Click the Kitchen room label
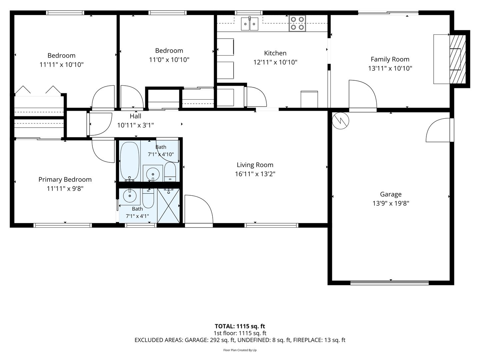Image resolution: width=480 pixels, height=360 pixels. tap(275, 53)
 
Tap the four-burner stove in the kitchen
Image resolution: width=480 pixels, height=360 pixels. tap(297, 23)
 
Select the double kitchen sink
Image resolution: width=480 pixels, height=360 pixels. tap(250, 24)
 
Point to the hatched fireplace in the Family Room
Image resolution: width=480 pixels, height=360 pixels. tap(457, 59)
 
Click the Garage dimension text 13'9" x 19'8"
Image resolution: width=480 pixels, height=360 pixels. tap(391, 203)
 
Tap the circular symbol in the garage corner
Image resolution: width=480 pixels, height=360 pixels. tap(340, 121)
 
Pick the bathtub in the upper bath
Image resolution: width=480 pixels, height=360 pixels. tap(130, 161)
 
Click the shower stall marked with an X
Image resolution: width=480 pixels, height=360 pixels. tap(168, 206)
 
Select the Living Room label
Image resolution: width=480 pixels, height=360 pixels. tap(255, 165)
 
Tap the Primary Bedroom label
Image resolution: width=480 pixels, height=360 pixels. tap(65, 179)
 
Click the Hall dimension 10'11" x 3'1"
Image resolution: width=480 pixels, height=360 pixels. tap(135, 125)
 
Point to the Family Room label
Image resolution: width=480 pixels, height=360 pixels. tap(390, 59)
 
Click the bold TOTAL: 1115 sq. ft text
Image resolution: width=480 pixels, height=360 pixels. tap(240, 326)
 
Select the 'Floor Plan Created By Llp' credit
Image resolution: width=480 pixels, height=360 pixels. tap(240, 350)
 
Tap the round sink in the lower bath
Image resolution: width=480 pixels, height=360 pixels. tap(130, 196)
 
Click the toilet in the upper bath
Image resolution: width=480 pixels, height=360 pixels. tap(170, 172)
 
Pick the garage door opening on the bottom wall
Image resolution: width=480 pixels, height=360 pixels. tap(389, 283)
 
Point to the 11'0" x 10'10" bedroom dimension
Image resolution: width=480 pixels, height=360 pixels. tap(169, 60)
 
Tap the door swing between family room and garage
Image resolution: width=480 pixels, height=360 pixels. tap(363, 94)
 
